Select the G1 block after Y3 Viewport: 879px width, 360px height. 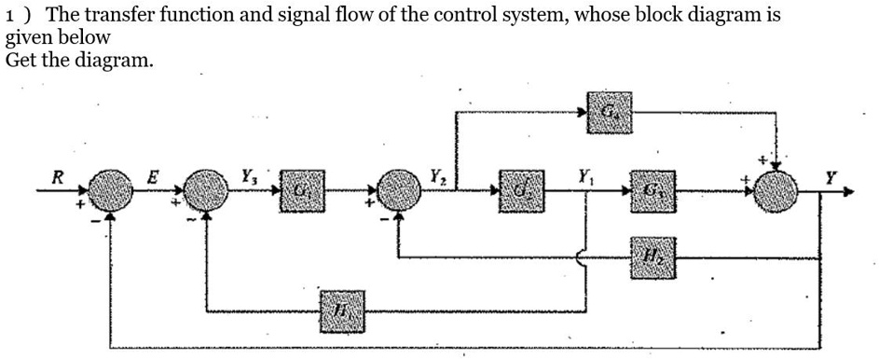point(300,192)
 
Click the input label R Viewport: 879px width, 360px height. point(58,174)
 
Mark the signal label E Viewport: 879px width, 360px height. point(155,174)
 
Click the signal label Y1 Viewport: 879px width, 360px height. point(584,173)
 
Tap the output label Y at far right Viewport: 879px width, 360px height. point(831,174)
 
